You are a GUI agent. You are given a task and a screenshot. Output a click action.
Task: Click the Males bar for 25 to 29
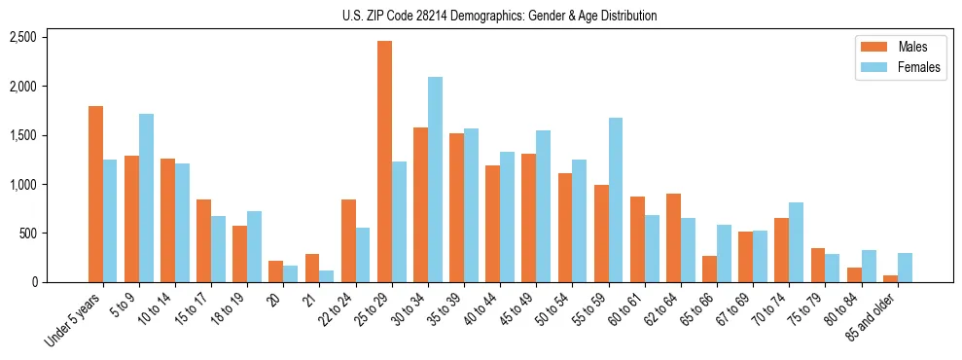pos(384,162)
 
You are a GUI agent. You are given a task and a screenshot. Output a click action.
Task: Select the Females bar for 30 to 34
pos(435,180)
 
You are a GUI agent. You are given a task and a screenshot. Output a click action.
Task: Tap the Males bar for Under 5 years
pos(95,195)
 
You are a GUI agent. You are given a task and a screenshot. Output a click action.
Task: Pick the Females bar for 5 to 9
pos(146,198)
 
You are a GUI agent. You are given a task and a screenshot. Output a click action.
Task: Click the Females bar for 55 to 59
pos(616,200)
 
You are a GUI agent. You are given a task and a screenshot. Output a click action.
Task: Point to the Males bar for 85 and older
pos(890,278)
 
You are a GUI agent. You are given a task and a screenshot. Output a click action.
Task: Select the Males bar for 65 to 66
pos(710,270)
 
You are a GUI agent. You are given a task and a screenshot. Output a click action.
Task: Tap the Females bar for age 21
pos(327,276)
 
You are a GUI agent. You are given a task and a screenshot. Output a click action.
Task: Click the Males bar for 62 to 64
pos(673,238)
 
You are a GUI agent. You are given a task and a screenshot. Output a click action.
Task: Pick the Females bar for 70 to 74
pos(796,242)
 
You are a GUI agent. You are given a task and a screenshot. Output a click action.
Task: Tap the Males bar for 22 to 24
pos(348,241)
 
